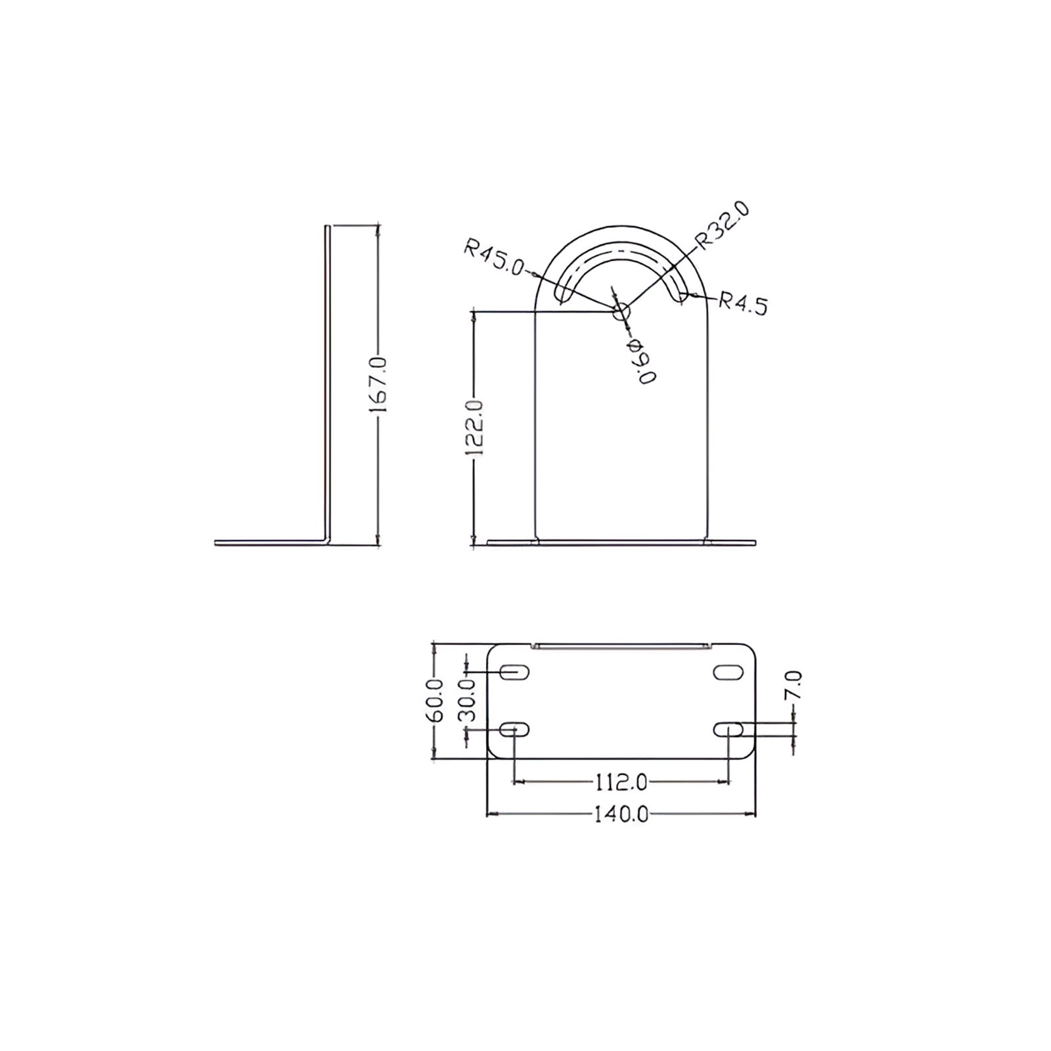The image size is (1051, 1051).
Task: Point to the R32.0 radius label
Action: click(723, 226)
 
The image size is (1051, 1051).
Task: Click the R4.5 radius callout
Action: click(743, 304)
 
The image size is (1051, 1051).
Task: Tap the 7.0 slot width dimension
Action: click(794, 687)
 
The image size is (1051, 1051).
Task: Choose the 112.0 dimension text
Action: click(621, 782)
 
